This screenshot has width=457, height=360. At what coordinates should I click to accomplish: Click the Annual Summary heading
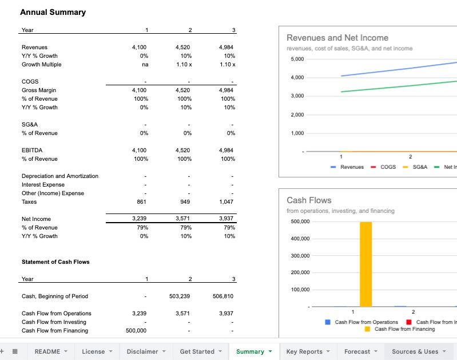53,12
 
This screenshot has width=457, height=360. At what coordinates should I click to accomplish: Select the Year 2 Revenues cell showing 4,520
184,48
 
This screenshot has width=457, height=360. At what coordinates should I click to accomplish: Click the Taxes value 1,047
226,202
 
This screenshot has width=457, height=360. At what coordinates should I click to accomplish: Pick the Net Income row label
36,219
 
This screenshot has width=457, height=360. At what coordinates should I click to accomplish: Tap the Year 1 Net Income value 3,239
139,219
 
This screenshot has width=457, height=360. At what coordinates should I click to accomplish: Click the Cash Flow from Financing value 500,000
136,331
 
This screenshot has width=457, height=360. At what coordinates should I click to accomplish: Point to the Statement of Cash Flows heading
55,262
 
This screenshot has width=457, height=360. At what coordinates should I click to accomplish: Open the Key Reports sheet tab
304,351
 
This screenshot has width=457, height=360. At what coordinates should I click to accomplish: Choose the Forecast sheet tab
357,351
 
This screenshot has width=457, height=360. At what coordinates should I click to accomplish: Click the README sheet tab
47,351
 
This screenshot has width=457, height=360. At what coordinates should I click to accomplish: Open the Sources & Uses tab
415,351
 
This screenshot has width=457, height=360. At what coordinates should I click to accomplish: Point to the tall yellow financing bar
365,263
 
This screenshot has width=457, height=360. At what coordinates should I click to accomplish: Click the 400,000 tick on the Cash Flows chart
300,239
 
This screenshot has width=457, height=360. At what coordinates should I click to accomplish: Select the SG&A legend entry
419,167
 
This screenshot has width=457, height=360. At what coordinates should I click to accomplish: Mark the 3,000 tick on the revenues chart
297,96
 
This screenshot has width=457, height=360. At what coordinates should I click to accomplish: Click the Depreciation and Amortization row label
60,176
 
